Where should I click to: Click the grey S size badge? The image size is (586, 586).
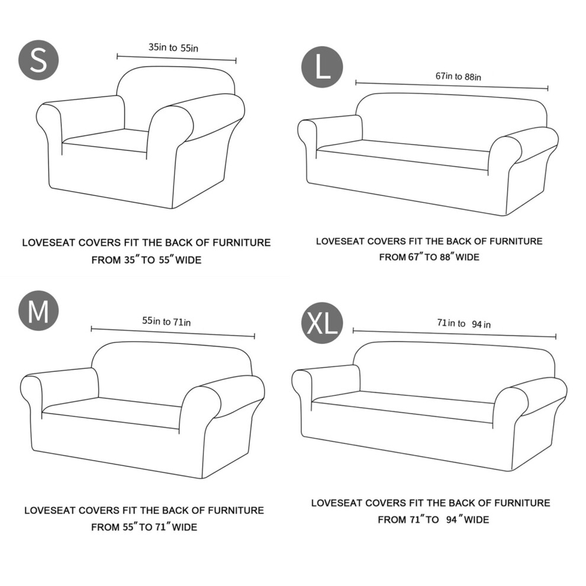coord(38,60)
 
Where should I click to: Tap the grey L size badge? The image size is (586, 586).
coord(322,67)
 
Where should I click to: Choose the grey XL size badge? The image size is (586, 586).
coord(322,323)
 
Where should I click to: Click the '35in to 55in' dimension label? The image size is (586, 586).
coord(173,47)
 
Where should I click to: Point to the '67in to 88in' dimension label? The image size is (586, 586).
coord(458,76)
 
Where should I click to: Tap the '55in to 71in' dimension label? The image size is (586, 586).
coord(166,321)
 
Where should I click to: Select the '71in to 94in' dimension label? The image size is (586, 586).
coord(464,323)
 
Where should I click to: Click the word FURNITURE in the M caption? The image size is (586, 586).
coord(236,510)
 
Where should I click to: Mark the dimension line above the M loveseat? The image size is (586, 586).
coord(173,333)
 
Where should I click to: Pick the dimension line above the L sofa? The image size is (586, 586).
coord(452,85)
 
